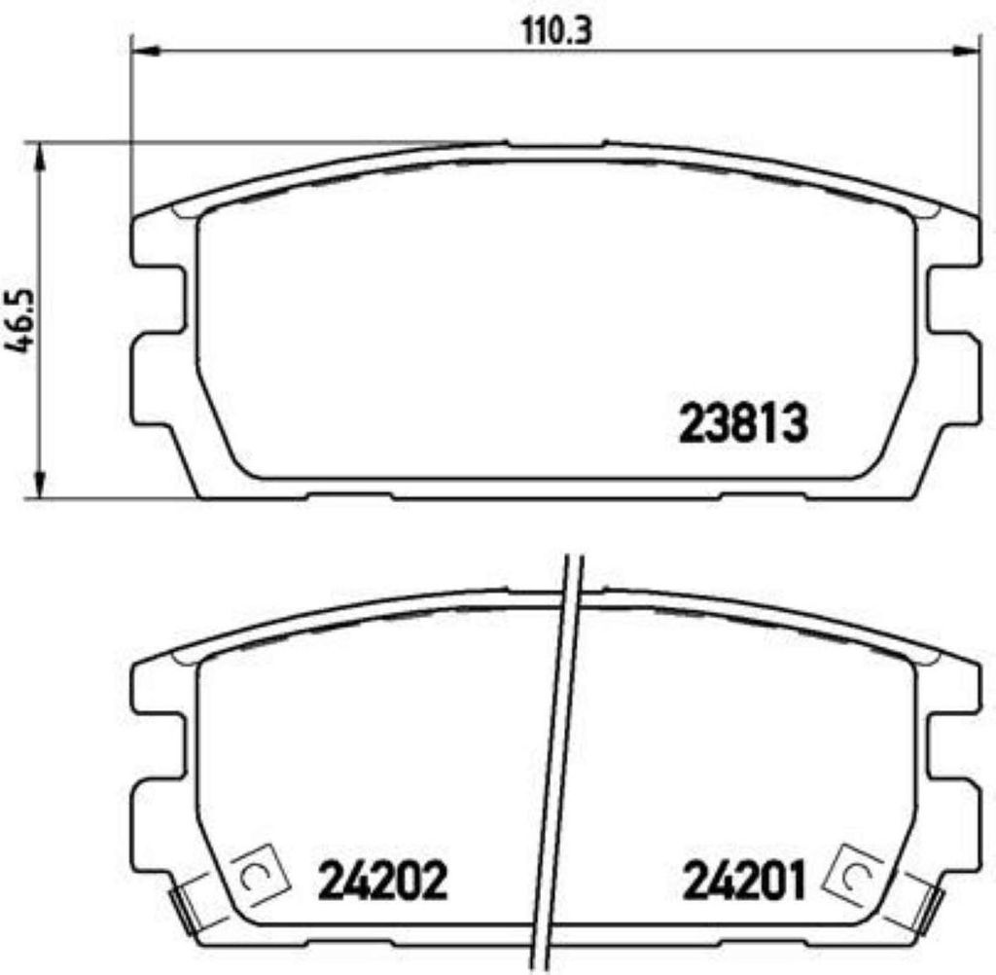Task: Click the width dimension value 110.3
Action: pyautogui.click(x=555, y=31)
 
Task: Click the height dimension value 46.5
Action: pyautogui.click(x=19, y=322)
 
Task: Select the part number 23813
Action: pyautogui.click(x=743, y=424)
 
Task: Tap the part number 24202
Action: pyautogui.click(x=382, y=881)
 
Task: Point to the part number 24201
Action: pyautogui.click(x=743, y=881)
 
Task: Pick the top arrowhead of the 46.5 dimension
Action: pyautogui.click(x=40, y=155)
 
